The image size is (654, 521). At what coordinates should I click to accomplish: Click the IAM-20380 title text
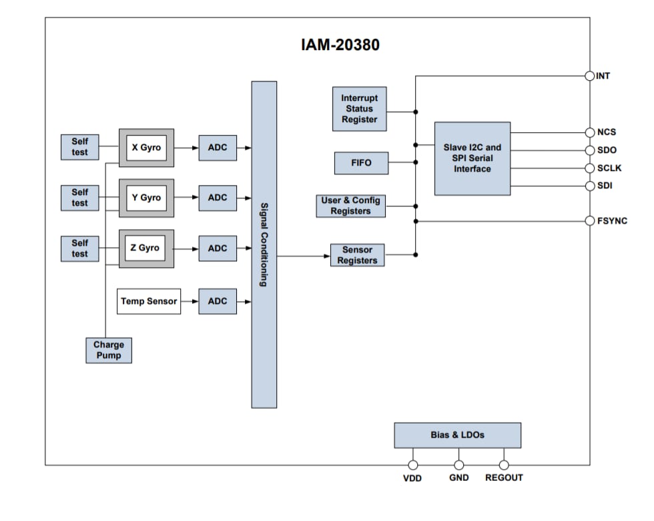340,45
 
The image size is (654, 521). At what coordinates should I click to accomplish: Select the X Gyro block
146,148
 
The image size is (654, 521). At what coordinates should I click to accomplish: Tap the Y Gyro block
146,198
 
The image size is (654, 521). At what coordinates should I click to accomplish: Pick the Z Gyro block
146,248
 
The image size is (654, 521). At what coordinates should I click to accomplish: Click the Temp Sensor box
149,301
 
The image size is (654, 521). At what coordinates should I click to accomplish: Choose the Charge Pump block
109,350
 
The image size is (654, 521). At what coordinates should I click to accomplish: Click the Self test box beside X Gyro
79,147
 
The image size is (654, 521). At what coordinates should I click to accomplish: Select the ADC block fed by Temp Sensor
218,301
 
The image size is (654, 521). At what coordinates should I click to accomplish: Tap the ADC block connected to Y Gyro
218,198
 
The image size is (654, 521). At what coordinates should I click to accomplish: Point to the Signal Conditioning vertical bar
264,244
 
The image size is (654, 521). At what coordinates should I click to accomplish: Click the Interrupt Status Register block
359,109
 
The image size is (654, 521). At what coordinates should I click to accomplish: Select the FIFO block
360,162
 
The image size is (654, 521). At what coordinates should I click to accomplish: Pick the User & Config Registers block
350,206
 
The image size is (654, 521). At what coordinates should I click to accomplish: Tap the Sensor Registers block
357,255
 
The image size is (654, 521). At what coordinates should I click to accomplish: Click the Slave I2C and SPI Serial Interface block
472,158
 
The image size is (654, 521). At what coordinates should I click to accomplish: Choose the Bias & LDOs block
457,435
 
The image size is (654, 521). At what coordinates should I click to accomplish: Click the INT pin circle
590,75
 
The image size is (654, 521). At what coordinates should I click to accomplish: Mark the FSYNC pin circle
590,220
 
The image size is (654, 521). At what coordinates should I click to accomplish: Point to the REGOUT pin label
504,478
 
